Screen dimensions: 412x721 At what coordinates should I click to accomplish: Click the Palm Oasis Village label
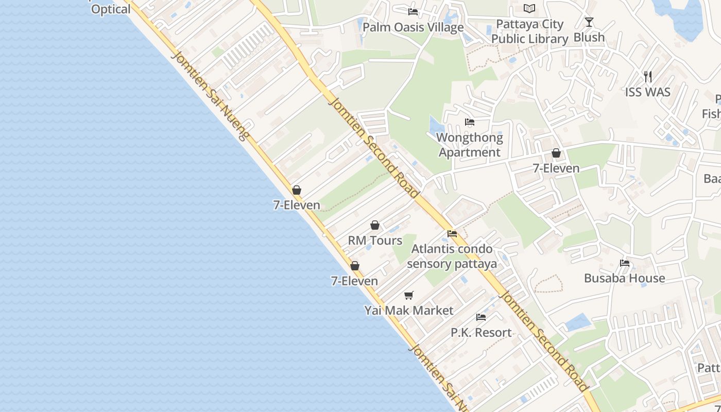(413, 27)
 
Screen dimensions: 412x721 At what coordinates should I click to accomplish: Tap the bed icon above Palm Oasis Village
(413, 11)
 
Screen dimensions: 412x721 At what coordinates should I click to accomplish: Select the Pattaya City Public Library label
(529, 31)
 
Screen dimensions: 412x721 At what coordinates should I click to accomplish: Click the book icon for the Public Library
(529, 8)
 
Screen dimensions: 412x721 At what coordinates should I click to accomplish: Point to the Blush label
(589, 38)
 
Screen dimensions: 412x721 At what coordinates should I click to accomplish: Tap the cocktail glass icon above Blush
(589, 22)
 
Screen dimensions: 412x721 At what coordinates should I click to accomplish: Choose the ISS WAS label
(647, 92)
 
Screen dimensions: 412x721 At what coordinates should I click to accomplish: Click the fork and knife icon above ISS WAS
(648, 77)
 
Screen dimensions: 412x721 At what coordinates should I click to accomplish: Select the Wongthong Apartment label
(470, 145)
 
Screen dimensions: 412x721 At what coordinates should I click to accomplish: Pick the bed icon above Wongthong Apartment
(470, 122)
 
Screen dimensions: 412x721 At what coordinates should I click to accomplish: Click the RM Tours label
(375, 241)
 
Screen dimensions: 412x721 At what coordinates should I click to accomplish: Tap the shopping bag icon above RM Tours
(375, 225)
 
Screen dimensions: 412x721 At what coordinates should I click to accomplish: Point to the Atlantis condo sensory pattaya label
(452, 256)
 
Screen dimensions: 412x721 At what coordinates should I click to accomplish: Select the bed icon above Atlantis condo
(452, 233)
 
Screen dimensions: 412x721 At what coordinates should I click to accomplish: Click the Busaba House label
(624, 278)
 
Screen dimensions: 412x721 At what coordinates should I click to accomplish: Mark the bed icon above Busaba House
(625, 263)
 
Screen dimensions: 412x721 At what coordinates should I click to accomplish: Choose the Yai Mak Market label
(409, 311)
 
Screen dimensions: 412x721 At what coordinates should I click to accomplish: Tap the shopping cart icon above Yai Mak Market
(409, 295)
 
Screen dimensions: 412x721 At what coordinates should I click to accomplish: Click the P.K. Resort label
(481, 333)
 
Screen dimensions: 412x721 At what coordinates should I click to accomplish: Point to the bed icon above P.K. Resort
(481, 317)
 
